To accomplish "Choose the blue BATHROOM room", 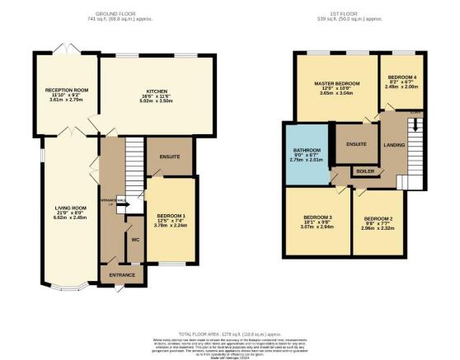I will point(306,155).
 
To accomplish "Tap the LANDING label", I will point(395,145).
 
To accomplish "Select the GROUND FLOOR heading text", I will point(115,14).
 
